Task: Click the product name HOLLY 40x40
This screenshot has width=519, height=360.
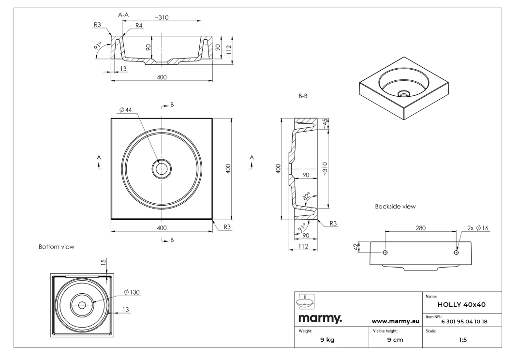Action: pyautogui.click(x=461, y=305)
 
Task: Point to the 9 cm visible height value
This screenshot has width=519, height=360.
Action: pyautogui.click(x=392, y=339)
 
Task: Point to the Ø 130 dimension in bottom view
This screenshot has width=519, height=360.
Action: pyautogui.click(x=132, y=292)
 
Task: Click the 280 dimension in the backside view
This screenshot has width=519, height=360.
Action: pyautogui.click(x=421, y=228)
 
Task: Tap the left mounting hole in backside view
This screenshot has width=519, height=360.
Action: pyautogui.click(x=386, y=253)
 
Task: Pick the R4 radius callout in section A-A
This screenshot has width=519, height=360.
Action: pyautogui.click(x=139, y=26)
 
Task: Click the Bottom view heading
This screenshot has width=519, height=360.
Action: pyautogui.click(x=56, y=247)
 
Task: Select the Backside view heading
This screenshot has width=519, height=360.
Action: pyautogui.click(x=395, y=206)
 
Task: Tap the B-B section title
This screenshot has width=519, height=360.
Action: pyautogui.click(x=304, y=96)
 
